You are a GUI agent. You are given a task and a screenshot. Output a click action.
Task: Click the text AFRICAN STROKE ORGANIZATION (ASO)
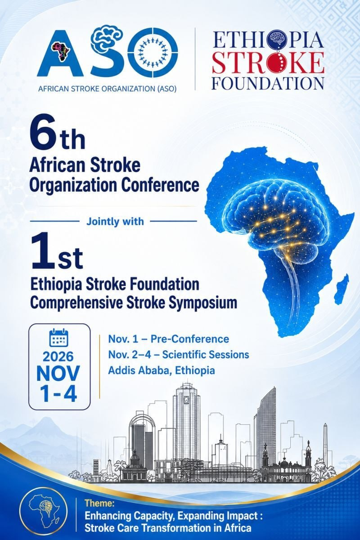tap(108, 89)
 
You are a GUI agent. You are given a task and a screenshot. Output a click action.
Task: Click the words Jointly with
tap(115, 221)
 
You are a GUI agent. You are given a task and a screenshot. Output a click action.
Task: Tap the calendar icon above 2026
tap(58, 337)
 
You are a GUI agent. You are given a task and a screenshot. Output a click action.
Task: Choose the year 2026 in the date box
tap(58, 357)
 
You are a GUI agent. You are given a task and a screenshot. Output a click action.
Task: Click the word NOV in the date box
tap(58, 373)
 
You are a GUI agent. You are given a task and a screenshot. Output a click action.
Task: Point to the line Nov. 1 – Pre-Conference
tap(168, 339)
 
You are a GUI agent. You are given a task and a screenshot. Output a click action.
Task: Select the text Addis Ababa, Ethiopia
tap(162, 370)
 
